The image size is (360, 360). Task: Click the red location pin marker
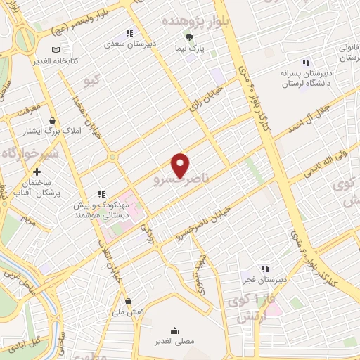click(181, 165)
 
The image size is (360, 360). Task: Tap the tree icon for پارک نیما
click(188, 37)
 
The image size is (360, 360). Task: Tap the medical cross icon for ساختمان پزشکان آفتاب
click(37, 171)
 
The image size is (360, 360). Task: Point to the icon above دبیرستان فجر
click(264, 268)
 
